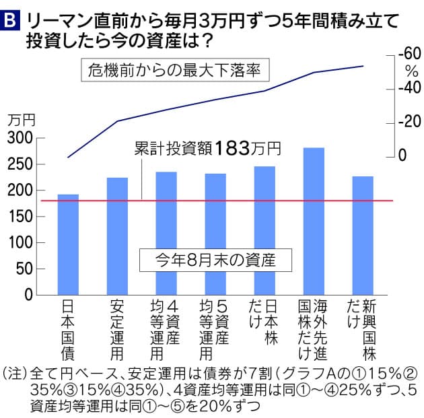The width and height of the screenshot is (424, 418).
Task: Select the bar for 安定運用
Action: coord(116,236)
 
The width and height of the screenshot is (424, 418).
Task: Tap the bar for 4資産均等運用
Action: coord(166,233)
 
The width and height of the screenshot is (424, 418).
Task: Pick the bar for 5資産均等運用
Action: coord(215,234)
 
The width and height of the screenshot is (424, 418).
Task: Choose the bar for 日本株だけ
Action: coord(264,230)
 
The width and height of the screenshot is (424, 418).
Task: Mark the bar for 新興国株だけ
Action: coord(362,236)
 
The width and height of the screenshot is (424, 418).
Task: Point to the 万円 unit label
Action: coord(21,120)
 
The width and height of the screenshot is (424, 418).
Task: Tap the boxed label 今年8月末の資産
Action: coord(206,259)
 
